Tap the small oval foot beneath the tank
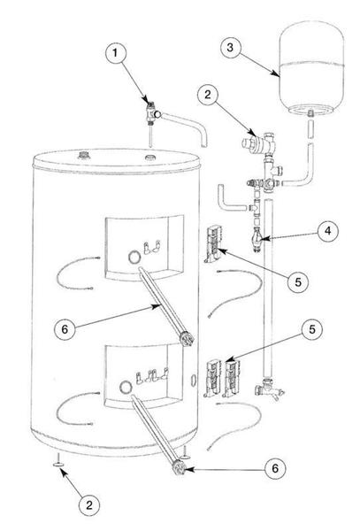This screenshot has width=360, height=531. click(56, 462)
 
